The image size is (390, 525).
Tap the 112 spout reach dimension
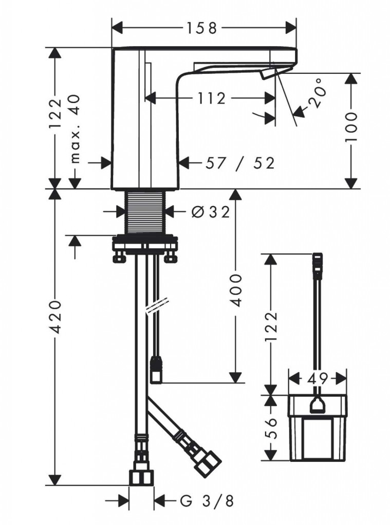point(211,98)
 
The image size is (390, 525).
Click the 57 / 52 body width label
point(240,163)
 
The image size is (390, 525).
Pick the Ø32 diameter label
point(211,211)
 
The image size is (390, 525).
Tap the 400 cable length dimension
point(235,290)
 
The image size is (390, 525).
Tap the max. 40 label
point(76,129)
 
